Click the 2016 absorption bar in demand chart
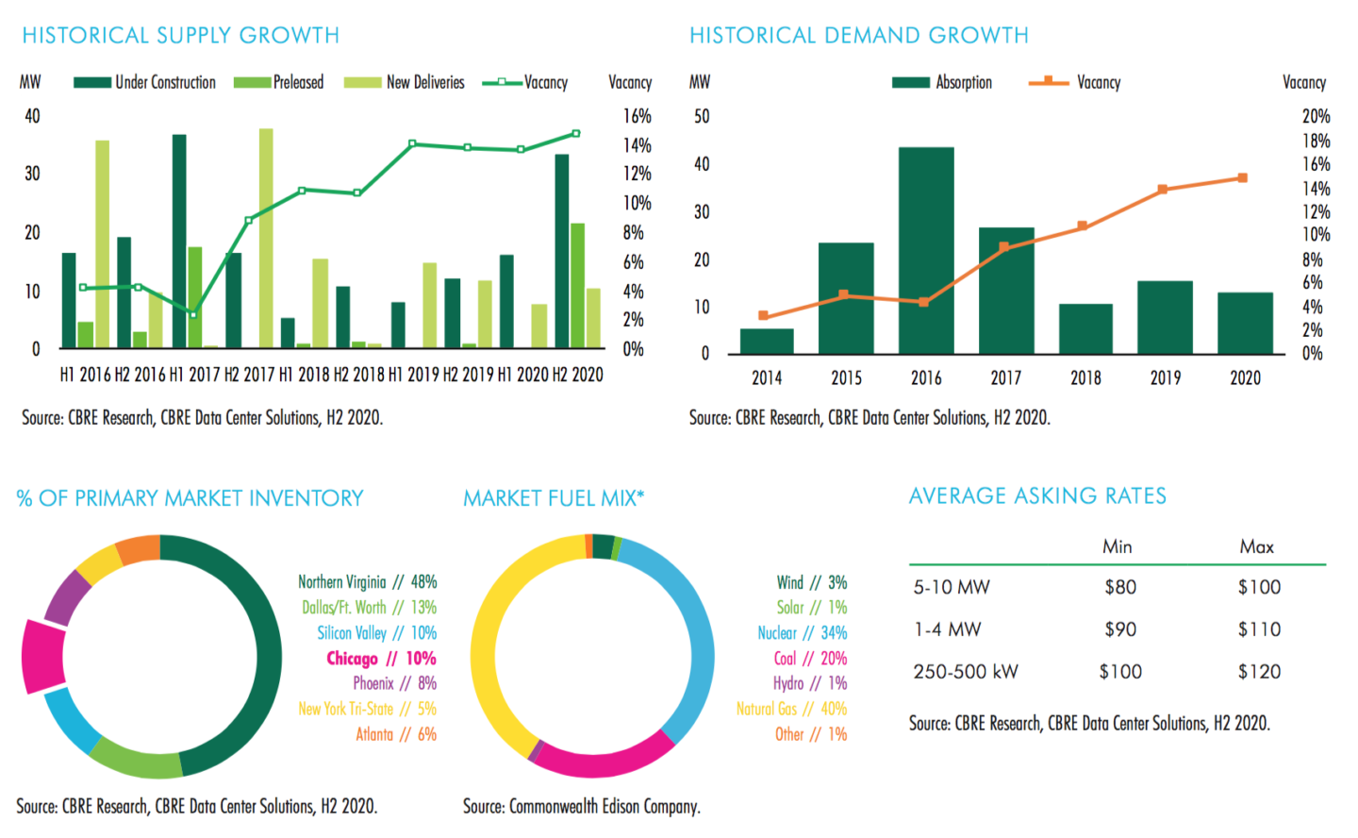click(925, 250)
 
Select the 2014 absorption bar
click(767, 342)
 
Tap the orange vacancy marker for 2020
click(1243, 178)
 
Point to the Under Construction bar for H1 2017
click(179, 241)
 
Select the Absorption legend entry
click(943, 83)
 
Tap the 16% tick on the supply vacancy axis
click(638, 116)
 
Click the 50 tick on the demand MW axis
click(702, 116)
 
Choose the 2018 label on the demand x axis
click(1085, 378)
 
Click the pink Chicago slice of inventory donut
click(43, 656)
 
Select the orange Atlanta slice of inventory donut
click(139, 549)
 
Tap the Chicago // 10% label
click(381, 659)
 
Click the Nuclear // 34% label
click(802, 633)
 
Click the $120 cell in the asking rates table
click(1259, 672)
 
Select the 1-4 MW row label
click(947, 629)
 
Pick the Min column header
click(1118, 546)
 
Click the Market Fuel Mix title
click(554, 498)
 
